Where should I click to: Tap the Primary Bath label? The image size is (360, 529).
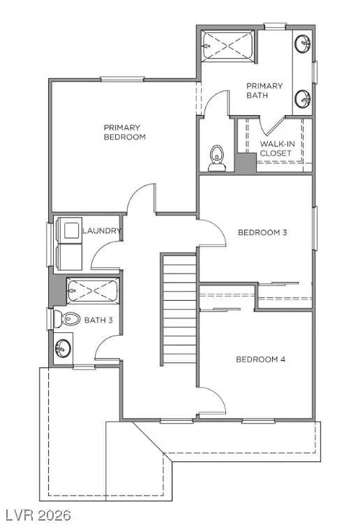pos(264,91)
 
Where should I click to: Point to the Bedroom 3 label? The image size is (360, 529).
pos(262,232)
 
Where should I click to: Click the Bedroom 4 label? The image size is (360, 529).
pos(260,359)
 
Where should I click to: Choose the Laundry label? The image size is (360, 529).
pos(102,231)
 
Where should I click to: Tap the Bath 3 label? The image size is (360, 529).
pos(98,320)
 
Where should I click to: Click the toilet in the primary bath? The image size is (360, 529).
pos(216,158)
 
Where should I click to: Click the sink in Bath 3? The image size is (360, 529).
pos(63,347)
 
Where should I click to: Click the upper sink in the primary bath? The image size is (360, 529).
pos(303,44)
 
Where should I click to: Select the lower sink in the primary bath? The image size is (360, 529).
pos(303,98)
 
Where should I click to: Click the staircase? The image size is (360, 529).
pos(179,309)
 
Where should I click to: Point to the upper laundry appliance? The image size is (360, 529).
pos(70,229)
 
